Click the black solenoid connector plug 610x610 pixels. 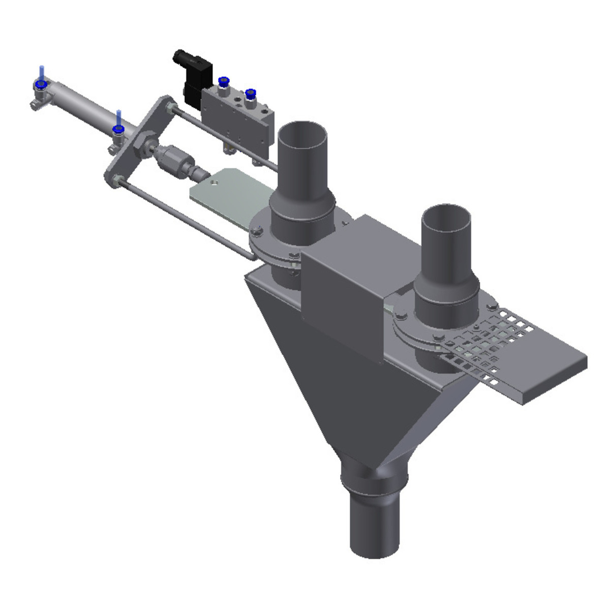point(193,76)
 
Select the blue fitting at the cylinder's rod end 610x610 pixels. point(118,130)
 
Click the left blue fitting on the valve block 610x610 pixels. point(222,81)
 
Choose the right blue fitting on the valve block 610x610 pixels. point(250,94)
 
